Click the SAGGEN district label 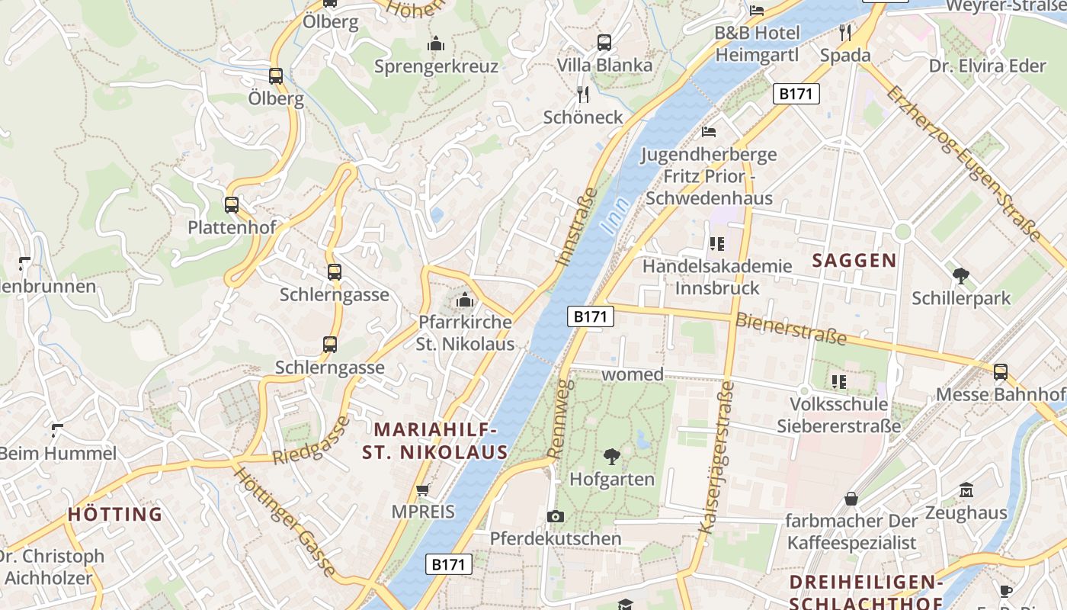[x=854, y=261]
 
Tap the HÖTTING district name [x=115, y=514]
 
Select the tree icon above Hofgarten [x=611, y=457]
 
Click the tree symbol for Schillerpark [x=961, y=275]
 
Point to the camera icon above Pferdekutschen [x=556, y=516]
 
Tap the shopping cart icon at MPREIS [x=423, y=490]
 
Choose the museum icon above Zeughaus [x=966, y=490]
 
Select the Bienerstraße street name [x=791, y=329]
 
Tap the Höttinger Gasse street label [x=284, y=522]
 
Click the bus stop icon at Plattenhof [x=232, y=204]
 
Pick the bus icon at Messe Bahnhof [x=1000, y=371]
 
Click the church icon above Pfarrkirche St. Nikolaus [x=465, y=300]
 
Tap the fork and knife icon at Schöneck [x=583, y=95]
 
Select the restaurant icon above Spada [x=845, y=32]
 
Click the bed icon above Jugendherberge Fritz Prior [x=709, y=132]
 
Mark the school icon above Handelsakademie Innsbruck [x=716, y=244]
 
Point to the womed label [x=633, y=374]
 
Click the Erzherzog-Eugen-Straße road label [x=963, y=162]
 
